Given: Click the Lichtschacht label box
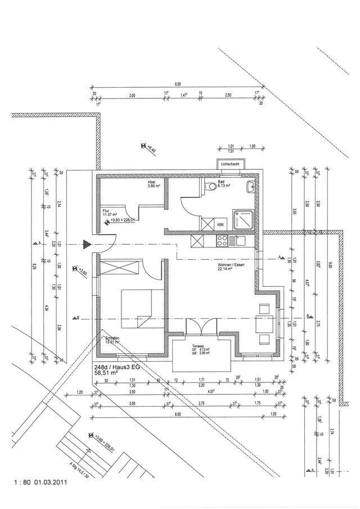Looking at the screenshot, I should click(231, 164).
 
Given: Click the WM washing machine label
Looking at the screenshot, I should click(220, 224).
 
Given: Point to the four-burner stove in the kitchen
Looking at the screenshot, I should click(222, 241).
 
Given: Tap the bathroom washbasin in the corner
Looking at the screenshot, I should click(251, 186).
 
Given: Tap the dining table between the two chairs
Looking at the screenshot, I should click(263, 323).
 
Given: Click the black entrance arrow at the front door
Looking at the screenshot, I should click(86, 244).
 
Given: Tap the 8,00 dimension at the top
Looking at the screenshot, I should click(178, 84).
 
